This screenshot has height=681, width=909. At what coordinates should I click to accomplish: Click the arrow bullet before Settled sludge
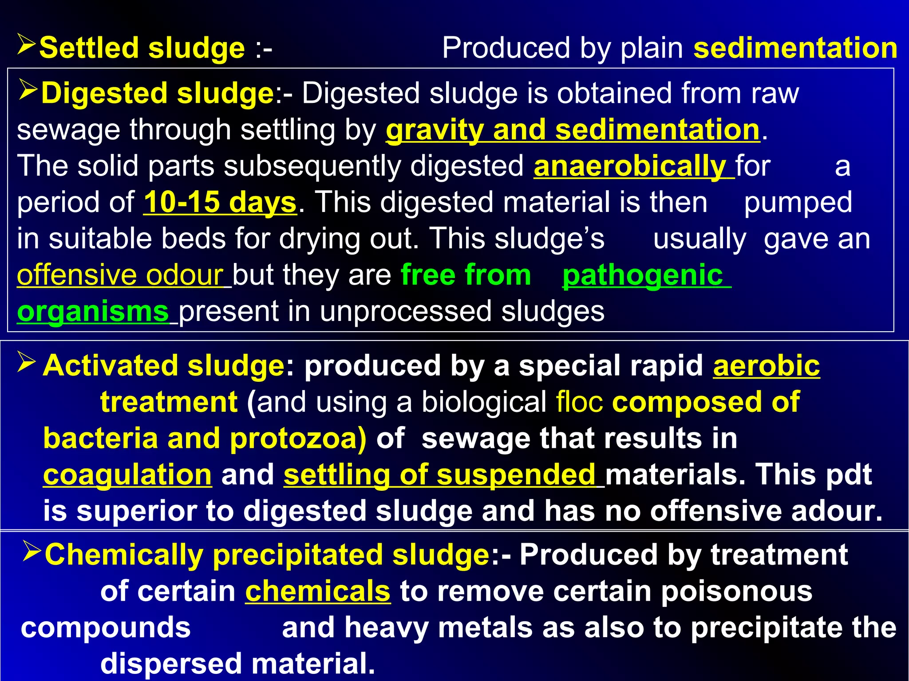(x=27, y=45)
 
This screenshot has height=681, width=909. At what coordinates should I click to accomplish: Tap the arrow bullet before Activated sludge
(x=27, y=362)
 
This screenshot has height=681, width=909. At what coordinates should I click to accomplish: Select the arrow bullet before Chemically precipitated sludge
(x=32, y=551)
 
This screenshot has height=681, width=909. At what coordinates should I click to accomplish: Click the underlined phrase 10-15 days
(x=220, y=202)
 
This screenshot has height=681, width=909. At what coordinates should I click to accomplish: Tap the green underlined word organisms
(x=92, y=311)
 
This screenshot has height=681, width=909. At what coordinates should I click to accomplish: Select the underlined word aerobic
(x=767, y=366)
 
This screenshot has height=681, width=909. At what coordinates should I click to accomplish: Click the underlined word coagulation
(x=127, y=475)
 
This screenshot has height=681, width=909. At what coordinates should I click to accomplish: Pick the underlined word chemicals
(x=318, y=591)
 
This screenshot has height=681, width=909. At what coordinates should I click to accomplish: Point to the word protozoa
(x=298, y=438)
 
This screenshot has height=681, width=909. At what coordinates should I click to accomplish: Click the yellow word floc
(x=580, y=402)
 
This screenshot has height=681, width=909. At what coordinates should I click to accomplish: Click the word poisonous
(x=736, y=591)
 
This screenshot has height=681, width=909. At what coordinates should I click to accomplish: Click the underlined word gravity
(x=434, y=130)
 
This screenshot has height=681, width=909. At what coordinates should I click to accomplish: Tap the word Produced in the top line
(x=506, y=48)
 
